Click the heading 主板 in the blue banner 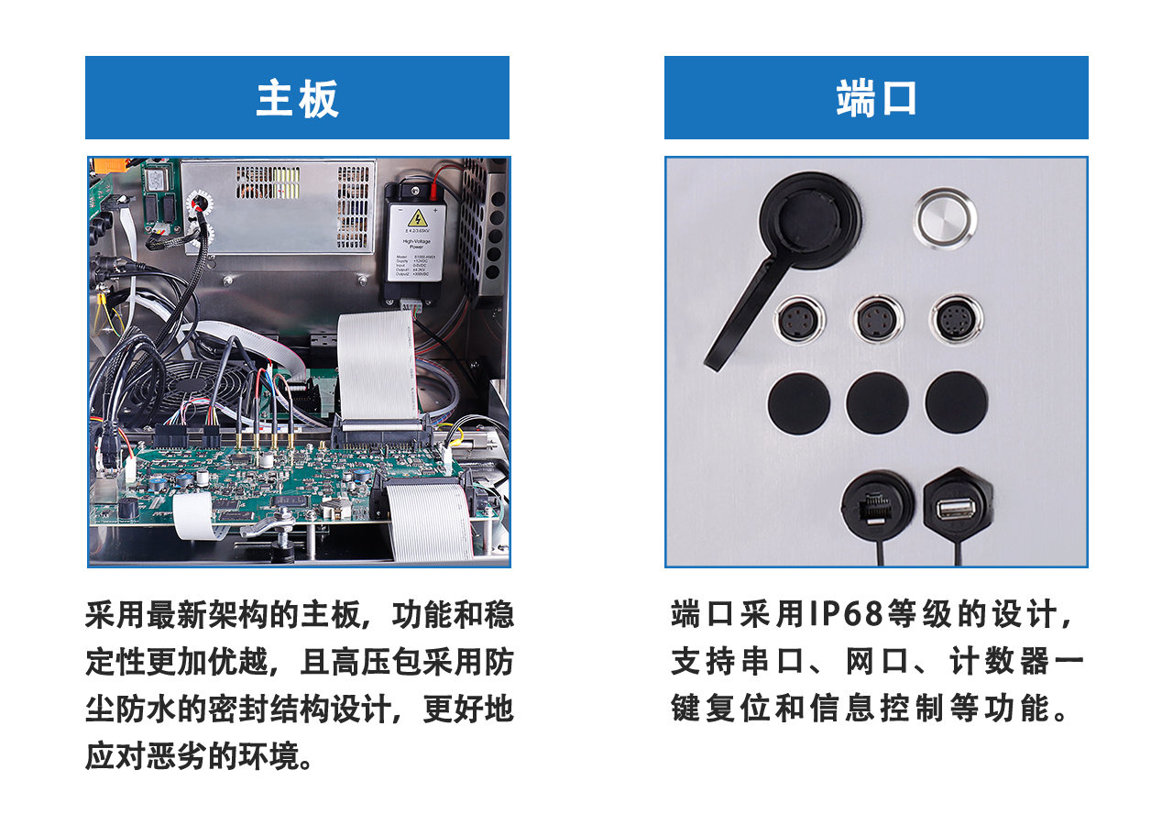coord(297,98)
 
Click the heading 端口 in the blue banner coord(876,98)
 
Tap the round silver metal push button coord(944,218)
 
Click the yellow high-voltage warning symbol coord(417,217)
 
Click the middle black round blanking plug coord(877,403)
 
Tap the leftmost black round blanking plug coord(798,403)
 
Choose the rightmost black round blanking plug coord(956,403)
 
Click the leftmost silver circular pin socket coord(799,321)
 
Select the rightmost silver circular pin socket coord(955,321)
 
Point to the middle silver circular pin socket coord(878,321)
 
